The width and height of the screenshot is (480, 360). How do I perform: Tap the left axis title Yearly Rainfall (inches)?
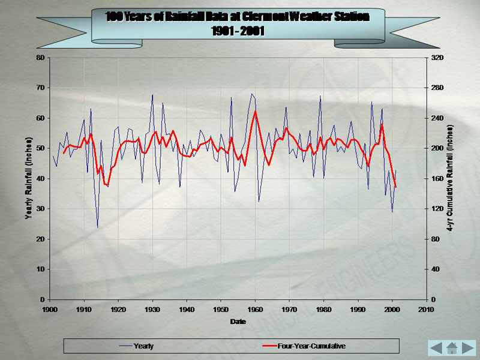coord(28,178)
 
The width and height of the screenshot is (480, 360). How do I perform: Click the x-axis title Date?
coord(238,322)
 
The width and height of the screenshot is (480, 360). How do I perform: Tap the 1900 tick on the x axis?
coord(50,309)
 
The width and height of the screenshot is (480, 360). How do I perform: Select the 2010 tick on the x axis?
coord(426,309)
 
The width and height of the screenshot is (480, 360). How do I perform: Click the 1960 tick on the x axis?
coord(255,309)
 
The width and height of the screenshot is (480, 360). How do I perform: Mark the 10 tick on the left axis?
coord(41,269)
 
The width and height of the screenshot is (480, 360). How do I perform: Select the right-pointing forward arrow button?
coord(468,347)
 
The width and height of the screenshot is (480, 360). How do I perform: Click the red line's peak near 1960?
coord(256,111)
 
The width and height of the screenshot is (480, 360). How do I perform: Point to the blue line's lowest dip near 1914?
coord(98,227)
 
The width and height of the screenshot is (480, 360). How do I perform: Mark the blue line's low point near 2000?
coord(392,212)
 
